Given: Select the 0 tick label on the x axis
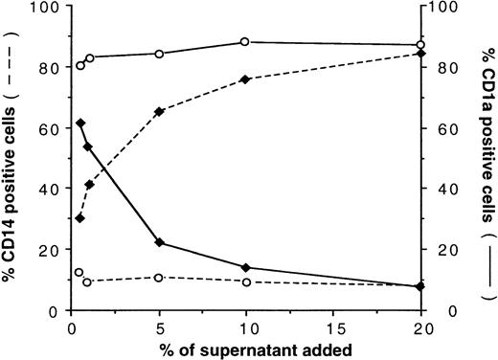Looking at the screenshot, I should point(72,326).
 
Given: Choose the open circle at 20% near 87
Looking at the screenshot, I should point(420,45).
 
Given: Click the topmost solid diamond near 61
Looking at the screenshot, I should point(80,124).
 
